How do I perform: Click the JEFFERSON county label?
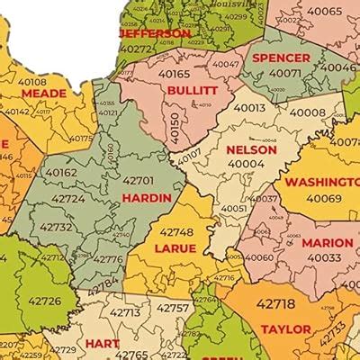point(155,33)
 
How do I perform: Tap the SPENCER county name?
point(281,58)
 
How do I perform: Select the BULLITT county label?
point(192,91)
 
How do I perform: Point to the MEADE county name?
point(44,93)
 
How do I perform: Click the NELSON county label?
point(253,149)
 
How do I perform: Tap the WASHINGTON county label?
point(322,182)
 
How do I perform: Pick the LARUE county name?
point(175,247)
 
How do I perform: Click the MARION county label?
point(327,243)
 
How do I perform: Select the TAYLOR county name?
point(285,329)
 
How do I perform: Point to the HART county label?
point(103,343)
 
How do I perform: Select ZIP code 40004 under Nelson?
point(246,164)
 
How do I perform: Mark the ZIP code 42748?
point(175,231)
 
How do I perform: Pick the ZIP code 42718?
point(275,303)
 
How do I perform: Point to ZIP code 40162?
point(60,172)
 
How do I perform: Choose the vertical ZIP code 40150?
point(174,128)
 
